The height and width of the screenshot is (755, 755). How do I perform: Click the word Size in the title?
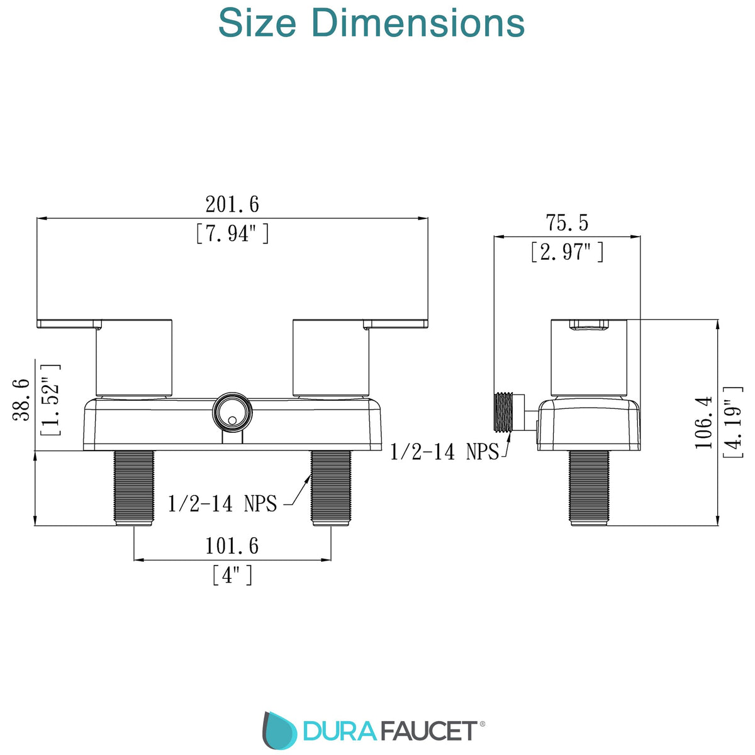point(257,23)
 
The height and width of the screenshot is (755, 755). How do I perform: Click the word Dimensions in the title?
point(418,23)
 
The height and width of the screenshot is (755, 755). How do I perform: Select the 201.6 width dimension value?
point(232,204)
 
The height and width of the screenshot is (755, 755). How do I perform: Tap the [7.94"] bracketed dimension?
point(232,233)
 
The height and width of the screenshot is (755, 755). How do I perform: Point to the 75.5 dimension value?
point(567,223)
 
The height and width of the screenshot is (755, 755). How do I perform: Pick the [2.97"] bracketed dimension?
point(567,252)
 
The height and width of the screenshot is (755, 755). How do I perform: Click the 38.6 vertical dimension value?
point(22,400)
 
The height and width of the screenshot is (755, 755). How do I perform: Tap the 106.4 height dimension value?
point(703,422)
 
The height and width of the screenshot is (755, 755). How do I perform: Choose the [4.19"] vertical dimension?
point(733,422)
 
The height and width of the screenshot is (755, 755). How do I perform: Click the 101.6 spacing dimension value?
point(232,545)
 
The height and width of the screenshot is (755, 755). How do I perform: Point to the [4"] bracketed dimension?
point(232,575)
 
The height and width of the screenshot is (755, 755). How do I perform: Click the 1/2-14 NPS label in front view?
point(222,503)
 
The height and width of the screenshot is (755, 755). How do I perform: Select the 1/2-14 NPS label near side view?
point(444,451)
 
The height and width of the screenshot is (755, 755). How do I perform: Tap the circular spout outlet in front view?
point(232,412)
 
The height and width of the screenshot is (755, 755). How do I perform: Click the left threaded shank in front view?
point(133,488)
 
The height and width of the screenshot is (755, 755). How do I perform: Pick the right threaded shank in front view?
point(331,488)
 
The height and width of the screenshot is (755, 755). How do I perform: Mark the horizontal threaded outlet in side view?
point(504,412)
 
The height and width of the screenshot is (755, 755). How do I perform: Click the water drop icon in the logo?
point(279,731)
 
